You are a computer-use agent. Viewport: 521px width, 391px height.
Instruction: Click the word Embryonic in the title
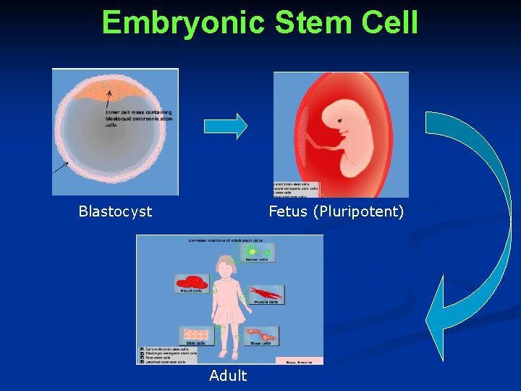tap(183, 22)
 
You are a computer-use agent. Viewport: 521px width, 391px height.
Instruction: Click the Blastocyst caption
tap(115, 211)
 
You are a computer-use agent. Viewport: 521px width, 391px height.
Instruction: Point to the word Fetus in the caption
tap(289, 211)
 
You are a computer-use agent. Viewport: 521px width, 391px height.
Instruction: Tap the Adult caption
tap(228, 375)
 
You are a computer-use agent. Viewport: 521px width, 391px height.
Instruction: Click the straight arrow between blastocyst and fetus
tap(225, 126)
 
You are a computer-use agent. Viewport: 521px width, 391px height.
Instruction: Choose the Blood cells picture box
tap(192, 283)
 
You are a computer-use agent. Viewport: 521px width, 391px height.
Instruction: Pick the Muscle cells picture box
tap(266, 294)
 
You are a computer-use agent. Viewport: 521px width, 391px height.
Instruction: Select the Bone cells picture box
tap(262, 335)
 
